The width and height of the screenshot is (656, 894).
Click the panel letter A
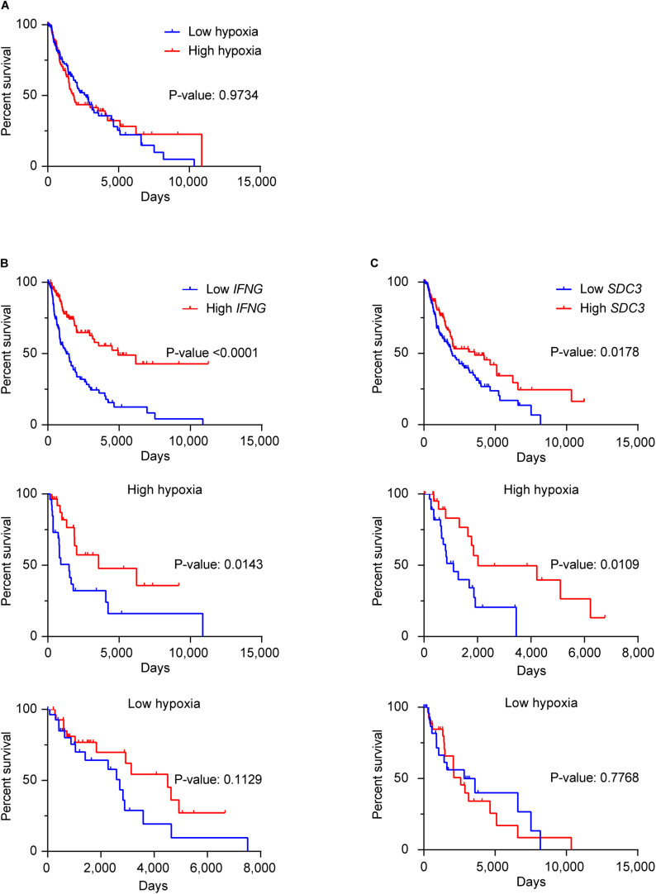(5, 5)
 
